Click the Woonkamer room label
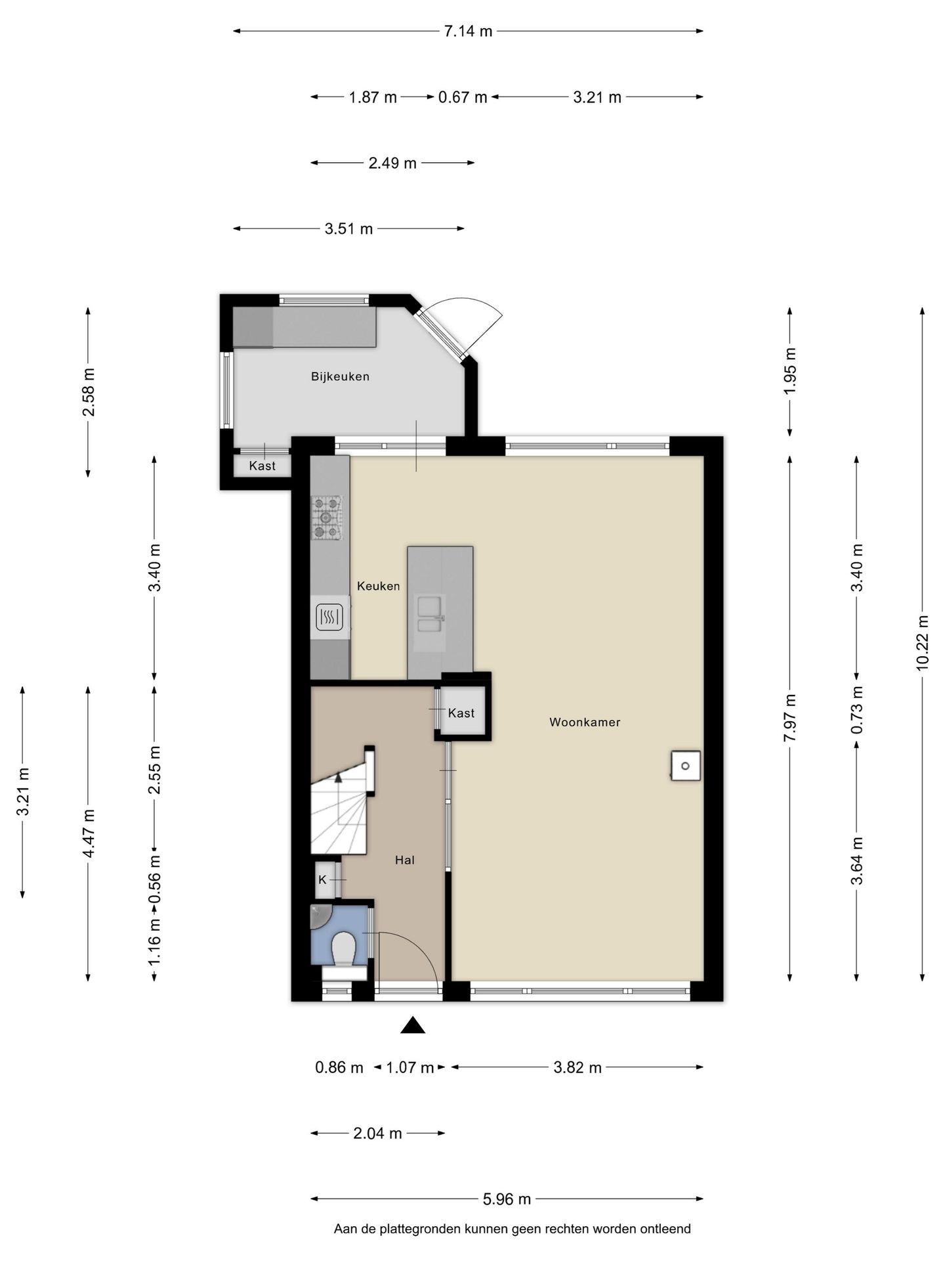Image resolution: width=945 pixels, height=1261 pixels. coord(584,722)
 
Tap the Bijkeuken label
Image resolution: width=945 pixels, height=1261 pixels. coord(340,377)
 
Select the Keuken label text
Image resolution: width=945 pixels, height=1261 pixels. coord(378,586)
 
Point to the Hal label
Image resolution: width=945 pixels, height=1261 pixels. coord(404,860)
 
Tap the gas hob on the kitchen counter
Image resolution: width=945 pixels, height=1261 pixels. coord(327,518)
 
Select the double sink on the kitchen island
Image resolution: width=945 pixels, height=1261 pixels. coord(429,613)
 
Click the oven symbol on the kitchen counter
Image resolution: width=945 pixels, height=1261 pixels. coord(329,617)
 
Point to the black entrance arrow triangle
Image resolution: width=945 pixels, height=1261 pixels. coord(413,1025)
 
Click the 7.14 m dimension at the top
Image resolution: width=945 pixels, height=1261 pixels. coord(468,31)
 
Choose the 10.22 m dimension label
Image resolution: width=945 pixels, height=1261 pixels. coord(922,643)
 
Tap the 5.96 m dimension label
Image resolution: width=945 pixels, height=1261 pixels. coord(507,1199)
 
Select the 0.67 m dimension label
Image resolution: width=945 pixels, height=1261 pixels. coord(463,97)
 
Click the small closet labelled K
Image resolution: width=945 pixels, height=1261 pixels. coord(325,879)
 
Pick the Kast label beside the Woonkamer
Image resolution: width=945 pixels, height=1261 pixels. coord(461,713)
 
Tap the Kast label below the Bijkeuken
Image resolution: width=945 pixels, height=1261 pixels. coord(262,466)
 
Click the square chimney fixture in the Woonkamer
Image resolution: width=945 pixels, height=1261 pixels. coord(685,766)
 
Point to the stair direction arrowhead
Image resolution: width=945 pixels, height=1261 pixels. coord(338,778)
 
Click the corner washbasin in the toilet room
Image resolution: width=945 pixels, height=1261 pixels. coord(320,916)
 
